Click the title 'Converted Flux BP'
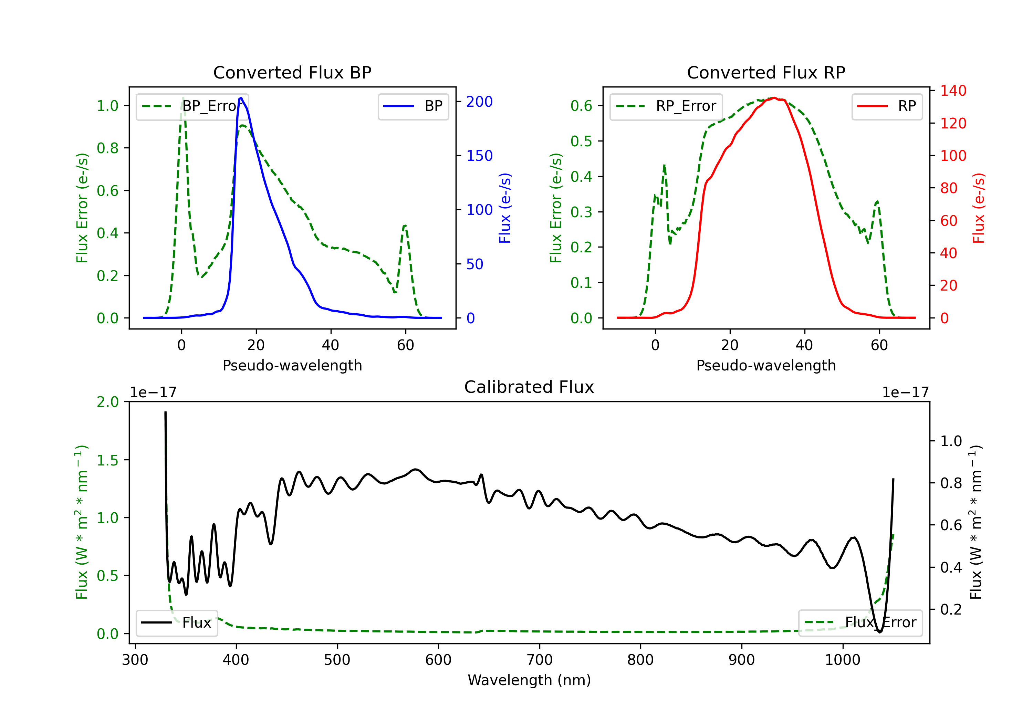[x=292, y=72]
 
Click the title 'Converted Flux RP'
[x=766, y=72]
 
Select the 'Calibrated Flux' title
[x=529, y=387]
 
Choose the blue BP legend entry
[x=413, y=106]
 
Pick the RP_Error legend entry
[x=666, y=106]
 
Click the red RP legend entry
[x=887, y=106]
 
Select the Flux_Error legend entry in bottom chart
[x=860, y=623]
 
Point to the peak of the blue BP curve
[x=241, y=98]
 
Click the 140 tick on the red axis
[x=953, y=91]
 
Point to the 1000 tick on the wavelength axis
[x=842, y=660]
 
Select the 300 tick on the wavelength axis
[x=135, y=660]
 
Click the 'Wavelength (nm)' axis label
[x=529, y=680]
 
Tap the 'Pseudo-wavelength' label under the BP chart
[x=292, y=365]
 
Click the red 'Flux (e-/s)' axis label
[x=979, y=208]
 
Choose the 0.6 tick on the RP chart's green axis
[x=581, y=106]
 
